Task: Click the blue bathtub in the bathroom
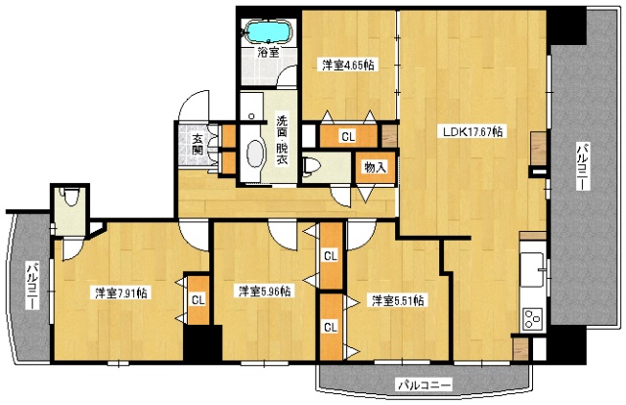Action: [x=269, y=31]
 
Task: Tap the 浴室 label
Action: [x=268, y=52]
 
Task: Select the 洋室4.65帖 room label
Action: [x=348, y=66]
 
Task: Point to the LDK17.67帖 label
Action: [x=473, y=131]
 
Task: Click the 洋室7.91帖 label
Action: [x=121, y=293]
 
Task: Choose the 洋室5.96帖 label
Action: [x=264, y=292]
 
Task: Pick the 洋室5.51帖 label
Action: [x=398, y=300]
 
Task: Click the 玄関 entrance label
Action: [x=198, y=145]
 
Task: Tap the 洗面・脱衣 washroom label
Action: [x=283, y=140]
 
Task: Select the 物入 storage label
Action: [x=376, y=167]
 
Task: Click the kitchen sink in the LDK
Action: [x=533, y=270]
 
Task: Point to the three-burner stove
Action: [x=533, y=319]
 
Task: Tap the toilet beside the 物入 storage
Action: [x=309, y=166]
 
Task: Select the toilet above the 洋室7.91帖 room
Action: [x=70, y=196]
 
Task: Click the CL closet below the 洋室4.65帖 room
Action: [x=348, y=137]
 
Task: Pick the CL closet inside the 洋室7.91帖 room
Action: [x=198, y=300]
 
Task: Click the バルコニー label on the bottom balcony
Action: [x=424, y=385]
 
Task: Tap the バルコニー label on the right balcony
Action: [x=582, y=166]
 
